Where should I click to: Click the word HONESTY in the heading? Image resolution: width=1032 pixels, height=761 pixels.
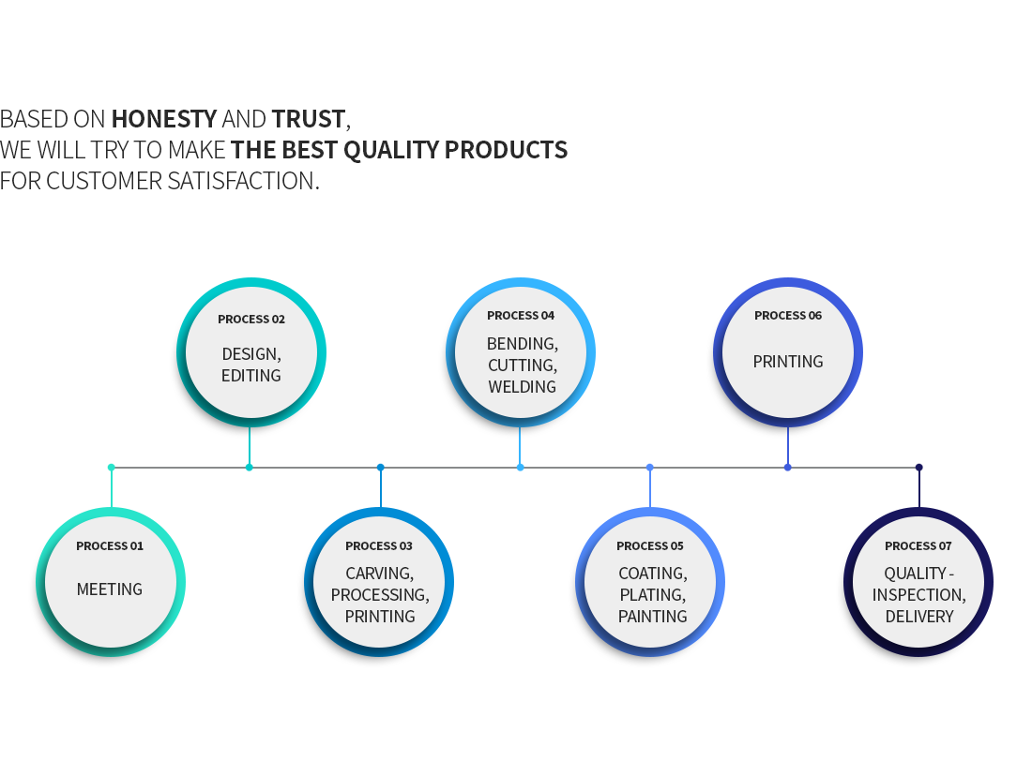(164, 119)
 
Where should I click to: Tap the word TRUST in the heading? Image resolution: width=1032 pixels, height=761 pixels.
(308, 119)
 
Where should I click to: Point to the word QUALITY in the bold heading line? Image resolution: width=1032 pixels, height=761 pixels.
(391, 151)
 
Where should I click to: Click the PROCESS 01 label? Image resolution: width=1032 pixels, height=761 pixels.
(109, 546)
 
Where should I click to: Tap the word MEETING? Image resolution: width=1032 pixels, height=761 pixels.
(109, 589)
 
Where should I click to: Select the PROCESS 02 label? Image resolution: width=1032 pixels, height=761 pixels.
(251, 319)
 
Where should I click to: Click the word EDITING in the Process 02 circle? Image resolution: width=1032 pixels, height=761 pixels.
(250, 376)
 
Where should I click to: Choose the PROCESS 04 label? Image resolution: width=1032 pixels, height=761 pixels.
(521, 316)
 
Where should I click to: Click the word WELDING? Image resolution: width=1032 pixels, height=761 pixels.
(522, 387)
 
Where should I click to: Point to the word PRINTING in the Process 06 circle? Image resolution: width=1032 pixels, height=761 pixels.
(788, 362)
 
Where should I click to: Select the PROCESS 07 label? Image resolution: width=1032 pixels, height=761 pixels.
(918, 546)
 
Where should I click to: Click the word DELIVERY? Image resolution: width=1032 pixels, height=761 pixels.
(918, 617)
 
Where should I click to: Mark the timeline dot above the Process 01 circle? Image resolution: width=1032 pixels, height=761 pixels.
(112, 468)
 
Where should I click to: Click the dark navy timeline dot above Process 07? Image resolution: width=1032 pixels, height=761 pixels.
(918, 468)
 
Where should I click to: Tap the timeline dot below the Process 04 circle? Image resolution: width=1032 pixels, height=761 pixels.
(520, 468)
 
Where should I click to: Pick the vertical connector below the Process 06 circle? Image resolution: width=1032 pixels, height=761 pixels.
(788, 446)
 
